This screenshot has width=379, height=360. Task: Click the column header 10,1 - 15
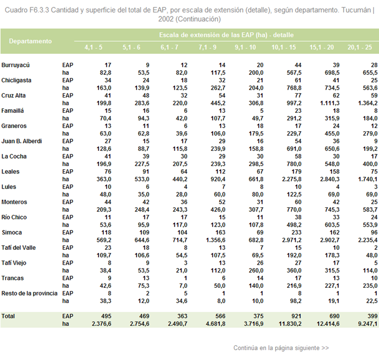tap(284, 47)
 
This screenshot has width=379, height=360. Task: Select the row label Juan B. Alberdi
tap(22, 141)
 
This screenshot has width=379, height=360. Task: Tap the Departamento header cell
tap(31, 41)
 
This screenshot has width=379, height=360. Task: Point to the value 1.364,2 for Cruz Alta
tap(367, 103)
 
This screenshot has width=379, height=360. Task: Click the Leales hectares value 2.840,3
tap(329, 179)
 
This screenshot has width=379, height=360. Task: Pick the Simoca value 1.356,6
tap(216, 240)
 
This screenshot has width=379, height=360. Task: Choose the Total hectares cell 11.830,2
tap(290, 324)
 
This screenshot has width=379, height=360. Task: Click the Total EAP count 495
tap(106, 316)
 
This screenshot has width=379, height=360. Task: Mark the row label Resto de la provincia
tap(30, 294)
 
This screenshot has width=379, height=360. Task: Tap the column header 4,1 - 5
tap(93, 47)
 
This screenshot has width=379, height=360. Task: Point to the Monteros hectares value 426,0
tap(218, 210)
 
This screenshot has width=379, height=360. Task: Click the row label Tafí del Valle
tap(18, 248)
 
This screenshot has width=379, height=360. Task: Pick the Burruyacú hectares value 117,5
tap(218, 73)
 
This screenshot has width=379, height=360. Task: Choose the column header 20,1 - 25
tap(359, 47)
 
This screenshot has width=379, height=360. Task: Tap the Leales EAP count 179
tap(296, 172)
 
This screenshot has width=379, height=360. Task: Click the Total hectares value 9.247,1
tap(367, 324)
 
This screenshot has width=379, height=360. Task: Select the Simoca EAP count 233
tap(296, 232)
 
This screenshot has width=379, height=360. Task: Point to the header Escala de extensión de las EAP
tap(213, 35)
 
